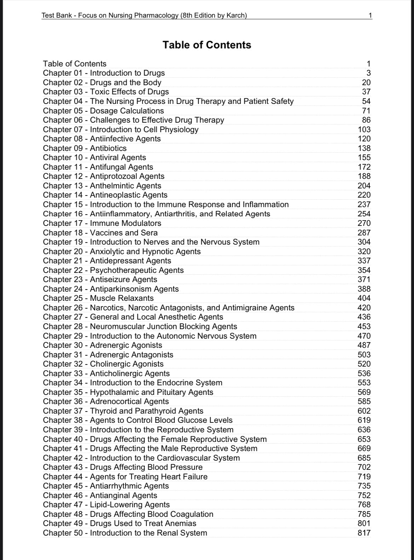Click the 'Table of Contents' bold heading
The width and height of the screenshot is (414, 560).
(207, 45)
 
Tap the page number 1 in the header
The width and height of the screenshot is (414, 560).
(370, 15)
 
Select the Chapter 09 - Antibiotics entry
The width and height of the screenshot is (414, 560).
(85, 148)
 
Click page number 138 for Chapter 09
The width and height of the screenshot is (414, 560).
(364, 148)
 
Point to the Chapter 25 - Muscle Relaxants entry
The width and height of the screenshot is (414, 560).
(98, 298)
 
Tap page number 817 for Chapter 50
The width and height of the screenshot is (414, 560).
(364, 533)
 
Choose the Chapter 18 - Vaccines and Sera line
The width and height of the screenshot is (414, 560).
(100, 233)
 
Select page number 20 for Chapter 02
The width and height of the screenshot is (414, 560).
(366, 82)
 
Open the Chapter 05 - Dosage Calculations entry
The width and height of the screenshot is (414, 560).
(103, 111)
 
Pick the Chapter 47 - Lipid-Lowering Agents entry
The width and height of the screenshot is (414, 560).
(106, 504)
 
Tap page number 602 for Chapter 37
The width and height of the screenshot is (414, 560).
(364, 411)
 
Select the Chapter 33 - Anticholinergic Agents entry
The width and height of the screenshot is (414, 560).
(106, 373)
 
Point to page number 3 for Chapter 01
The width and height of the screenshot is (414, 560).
(368, 73)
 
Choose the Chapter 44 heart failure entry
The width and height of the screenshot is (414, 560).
(125, 477)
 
